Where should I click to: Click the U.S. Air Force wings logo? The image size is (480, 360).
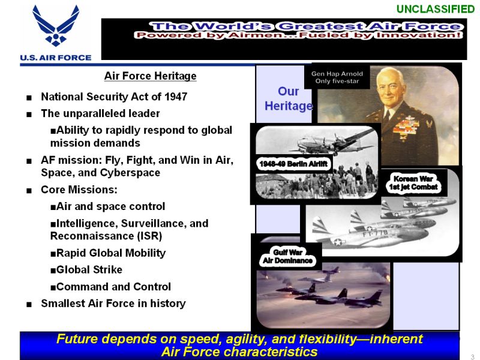[x=56, y=26]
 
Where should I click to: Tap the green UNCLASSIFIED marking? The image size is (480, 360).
[x=436, y=9]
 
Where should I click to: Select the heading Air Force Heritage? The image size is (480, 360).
[x=151, y=76]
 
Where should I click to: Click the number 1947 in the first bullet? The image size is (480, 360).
[x=176, y=97]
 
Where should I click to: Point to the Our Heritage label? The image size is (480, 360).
[x=289, y=98]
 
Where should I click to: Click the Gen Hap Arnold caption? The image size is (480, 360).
[x=337, y=77]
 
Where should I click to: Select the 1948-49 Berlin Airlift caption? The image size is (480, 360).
[x=293, y=164]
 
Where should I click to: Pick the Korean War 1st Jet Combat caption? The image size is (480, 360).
[x=413, y=183]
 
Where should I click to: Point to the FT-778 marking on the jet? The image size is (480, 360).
[x=376, y=234]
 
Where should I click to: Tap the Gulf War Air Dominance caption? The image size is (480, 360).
[x=288, y=257]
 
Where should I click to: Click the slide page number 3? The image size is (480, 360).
[x=472, y=357]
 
